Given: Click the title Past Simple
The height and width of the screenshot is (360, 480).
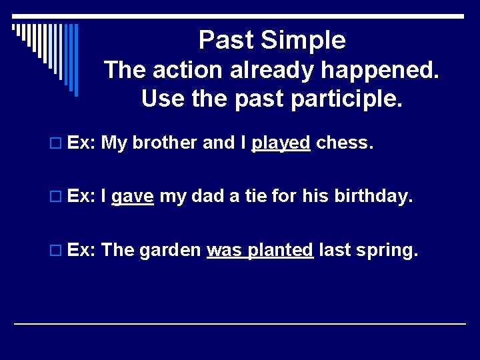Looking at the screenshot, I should (272, 41).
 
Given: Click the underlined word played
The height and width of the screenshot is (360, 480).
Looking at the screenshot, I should (281, 143).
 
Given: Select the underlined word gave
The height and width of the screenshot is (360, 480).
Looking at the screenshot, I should (133, 197).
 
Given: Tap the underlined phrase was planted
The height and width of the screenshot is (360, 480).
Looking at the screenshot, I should (260, 250).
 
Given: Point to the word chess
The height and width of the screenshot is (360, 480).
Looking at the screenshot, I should (343, 143).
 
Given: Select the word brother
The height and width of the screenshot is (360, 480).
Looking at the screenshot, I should (163, 143).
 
